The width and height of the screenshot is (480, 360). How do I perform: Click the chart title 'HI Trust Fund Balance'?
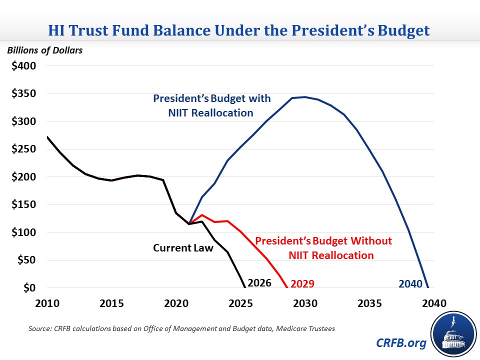pyautogui.click(x=239, y=30)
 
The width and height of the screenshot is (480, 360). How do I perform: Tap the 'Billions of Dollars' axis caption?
pyautogui.click(x=44, y=50)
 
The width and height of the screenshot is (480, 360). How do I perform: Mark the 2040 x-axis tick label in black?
pyautogui.click(x=434, y=304)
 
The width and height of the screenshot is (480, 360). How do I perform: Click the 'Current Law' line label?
pyautogui.click(x=182, y=247)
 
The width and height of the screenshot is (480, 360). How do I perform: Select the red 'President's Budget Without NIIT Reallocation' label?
pyautogui.click(x=323, y=248)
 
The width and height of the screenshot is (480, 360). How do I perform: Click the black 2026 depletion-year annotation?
pyautogui.click(x=259, y=283)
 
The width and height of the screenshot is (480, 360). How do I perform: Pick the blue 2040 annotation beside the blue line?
pyautogui.click(x=410, y=283)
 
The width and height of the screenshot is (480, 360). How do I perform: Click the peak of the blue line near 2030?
pyautogui.click(x=305, y=97)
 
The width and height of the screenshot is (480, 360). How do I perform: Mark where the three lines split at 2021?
pyautogui.click(x=189, y=223)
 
